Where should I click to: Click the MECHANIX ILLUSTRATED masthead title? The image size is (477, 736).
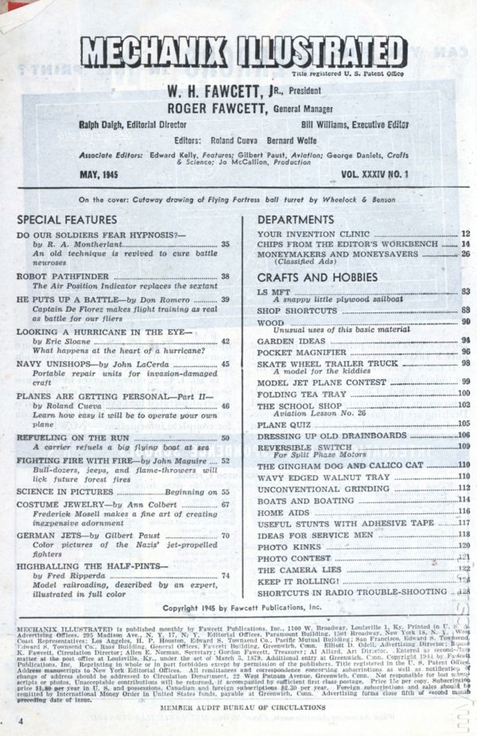242,55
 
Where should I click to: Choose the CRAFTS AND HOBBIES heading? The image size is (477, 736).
317,277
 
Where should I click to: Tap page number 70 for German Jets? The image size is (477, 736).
226,535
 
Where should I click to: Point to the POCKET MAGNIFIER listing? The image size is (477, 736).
302,351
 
